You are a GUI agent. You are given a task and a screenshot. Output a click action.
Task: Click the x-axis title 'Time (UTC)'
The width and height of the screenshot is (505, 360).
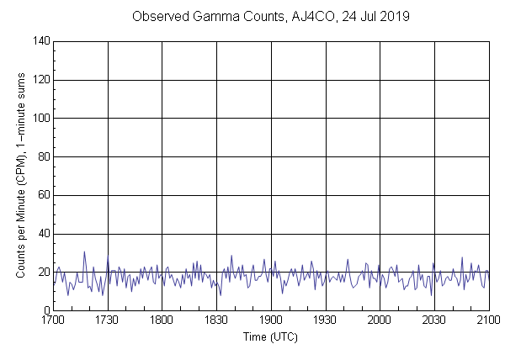pos(271,336)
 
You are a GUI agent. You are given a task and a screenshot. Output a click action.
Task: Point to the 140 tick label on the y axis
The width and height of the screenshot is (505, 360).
pos(40,41)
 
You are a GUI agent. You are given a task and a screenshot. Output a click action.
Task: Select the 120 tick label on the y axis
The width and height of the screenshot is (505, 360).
pos(40,80)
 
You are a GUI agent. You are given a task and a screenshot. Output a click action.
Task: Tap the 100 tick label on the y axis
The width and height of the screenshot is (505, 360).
pos(40,119)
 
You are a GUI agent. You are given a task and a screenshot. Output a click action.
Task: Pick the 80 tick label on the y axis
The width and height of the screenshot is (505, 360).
pos(42,157)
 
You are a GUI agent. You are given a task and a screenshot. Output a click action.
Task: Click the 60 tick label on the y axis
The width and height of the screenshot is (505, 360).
pos(42,196)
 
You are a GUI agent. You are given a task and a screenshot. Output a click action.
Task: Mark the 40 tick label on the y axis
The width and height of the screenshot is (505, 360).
pos(42,234)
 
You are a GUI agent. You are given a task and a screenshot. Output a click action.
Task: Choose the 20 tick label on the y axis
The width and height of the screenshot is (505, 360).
pos(42,273)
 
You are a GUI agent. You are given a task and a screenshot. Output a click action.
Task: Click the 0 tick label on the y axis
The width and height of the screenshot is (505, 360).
pos(45,311)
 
